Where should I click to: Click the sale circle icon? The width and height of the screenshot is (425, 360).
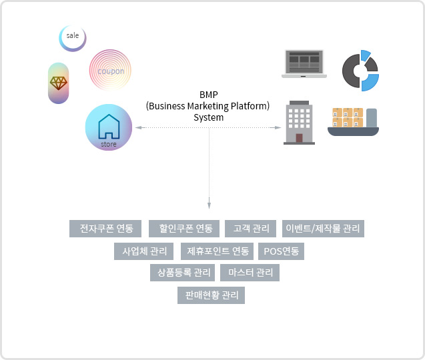73,38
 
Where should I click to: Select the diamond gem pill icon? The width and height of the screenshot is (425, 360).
59,83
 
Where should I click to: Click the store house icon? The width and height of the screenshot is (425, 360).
108,127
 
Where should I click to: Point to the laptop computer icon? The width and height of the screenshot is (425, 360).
304,64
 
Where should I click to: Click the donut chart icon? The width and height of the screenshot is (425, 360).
361,70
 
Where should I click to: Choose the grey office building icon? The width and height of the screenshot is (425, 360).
299,123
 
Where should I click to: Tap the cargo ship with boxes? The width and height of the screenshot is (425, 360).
354,121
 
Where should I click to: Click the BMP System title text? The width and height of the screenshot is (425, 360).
208,105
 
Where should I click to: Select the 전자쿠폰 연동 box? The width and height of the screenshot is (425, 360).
105,229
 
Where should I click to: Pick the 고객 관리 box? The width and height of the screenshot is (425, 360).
251,229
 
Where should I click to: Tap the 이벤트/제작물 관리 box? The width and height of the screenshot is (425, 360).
323,229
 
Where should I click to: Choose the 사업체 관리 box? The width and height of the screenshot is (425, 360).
144,251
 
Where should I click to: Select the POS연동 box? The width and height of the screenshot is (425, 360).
281,251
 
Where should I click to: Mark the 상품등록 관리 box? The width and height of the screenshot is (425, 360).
183,273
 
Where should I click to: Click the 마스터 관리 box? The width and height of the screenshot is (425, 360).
250,273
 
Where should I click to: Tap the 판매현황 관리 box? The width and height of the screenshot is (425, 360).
211,295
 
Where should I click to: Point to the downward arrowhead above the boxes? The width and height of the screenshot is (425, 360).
209,206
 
